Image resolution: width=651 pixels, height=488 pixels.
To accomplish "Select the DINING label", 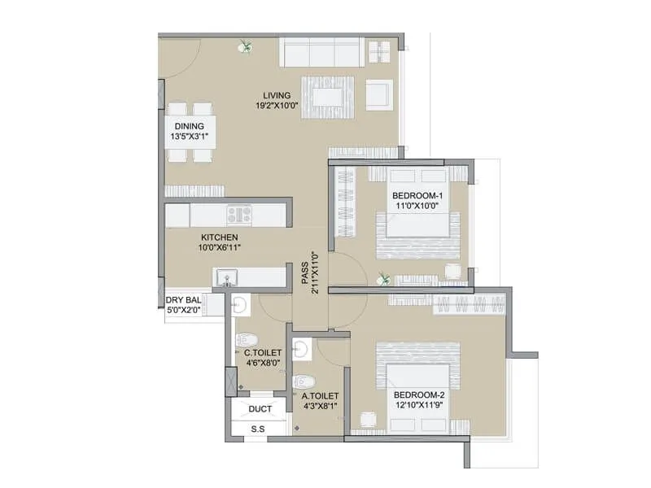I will coord(189,126).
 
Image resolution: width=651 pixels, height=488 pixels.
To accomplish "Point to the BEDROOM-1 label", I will coord(417,195).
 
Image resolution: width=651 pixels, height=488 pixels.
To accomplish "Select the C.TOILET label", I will coord(263,352).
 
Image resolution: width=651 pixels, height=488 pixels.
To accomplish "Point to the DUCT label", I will coord(260,409).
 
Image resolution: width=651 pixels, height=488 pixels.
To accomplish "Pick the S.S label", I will coord(258,429).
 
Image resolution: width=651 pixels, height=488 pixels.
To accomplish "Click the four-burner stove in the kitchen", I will coord(240,215).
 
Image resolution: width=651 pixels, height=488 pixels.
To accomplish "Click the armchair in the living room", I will coord(378,94).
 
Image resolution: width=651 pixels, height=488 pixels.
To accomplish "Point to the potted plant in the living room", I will coord(244,47).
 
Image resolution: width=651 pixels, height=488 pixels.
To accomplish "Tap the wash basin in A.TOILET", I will coord(300,350).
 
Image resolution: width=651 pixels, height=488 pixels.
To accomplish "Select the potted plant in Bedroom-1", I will coord(384,279).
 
